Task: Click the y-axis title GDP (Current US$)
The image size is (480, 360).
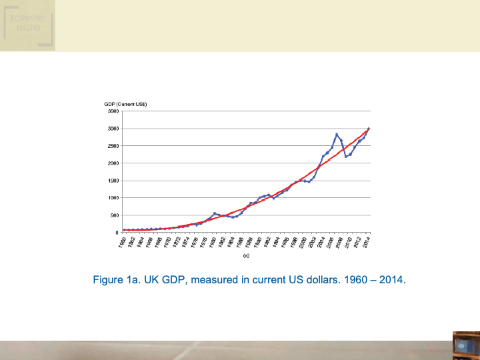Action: pyautogui.click(x=125, y=104)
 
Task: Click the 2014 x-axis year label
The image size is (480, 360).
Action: pyautogui.click(x=367, y=241)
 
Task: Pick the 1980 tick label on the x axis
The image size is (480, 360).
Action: pyautogui.click(x=213, y=241)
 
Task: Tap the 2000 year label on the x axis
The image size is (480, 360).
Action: pyautogui.click(x=303, y=241)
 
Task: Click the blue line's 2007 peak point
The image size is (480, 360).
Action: pyautogui.click(x=337, y=134)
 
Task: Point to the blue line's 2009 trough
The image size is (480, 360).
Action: pyautogui.click(x=345, y=157)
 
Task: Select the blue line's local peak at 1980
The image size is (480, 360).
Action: pyautogui.click(x=214, y=213)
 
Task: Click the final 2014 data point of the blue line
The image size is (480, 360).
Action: pyautogui.click(x=369, y=129)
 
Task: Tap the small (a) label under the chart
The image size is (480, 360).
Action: pyautogui.click(x=246, y=255)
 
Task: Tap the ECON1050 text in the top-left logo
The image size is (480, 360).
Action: pyautogui.click(x=27, y=20)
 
